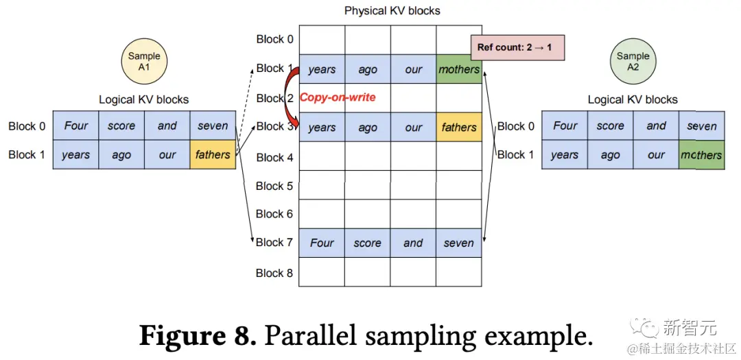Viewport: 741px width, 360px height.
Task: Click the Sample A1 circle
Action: [x=144, y=62]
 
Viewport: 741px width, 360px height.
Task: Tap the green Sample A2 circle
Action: [x=633, y=62]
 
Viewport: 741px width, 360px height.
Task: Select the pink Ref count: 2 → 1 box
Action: [x=517, y=49]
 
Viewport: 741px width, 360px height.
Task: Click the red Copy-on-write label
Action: [x=338, y=97]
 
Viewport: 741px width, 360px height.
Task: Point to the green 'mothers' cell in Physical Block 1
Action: [x=459, y=69]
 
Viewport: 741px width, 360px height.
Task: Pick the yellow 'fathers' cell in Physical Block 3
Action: [x=459, y=128]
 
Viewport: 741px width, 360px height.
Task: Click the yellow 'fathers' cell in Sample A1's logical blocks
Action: [x=213, y=154]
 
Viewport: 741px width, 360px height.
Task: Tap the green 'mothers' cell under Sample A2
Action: [x=701, y=155]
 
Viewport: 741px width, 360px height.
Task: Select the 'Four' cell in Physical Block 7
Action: [x=322, y=243]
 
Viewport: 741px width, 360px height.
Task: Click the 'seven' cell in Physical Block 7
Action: [x=459, y=243]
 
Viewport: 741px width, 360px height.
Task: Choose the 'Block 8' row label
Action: [x=274, y=273]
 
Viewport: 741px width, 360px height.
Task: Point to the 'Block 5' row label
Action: [x=274, y=186]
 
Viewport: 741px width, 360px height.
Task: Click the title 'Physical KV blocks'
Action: [x=392, y=10]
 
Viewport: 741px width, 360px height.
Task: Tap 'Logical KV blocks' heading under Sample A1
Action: [x=144, y=99]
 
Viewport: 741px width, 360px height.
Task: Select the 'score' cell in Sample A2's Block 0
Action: [x=610, y=125]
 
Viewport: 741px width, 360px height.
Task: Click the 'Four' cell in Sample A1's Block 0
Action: [x=76, y=125]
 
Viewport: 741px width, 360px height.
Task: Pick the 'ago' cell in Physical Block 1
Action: [x=368, y=69]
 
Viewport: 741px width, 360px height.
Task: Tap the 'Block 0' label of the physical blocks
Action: [x=274, y=39]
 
